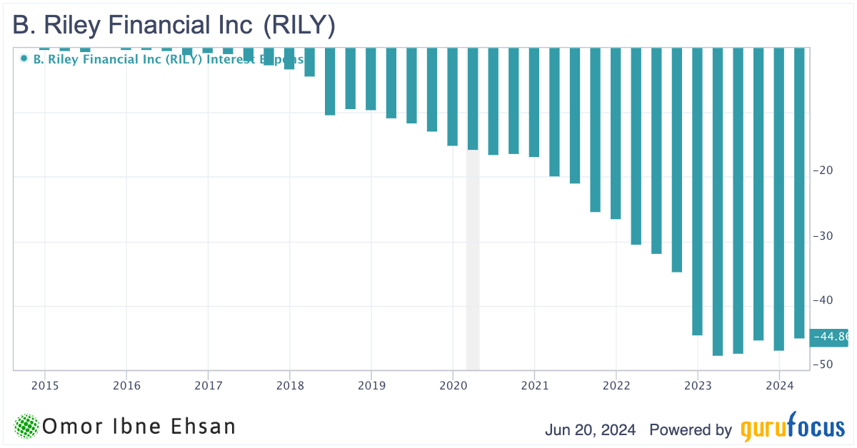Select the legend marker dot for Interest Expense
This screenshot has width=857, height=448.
tap(24, 58)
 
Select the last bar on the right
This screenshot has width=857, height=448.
tap(799, 193)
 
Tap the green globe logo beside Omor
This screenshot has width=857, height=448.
tap(26, 426)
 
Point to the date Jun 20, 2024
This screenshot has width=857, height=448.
tap(591, 430)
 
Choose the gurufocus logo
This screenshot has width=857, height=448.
tap(792, 429)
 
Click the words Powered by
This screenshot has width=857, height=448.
tap(690, 430)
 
